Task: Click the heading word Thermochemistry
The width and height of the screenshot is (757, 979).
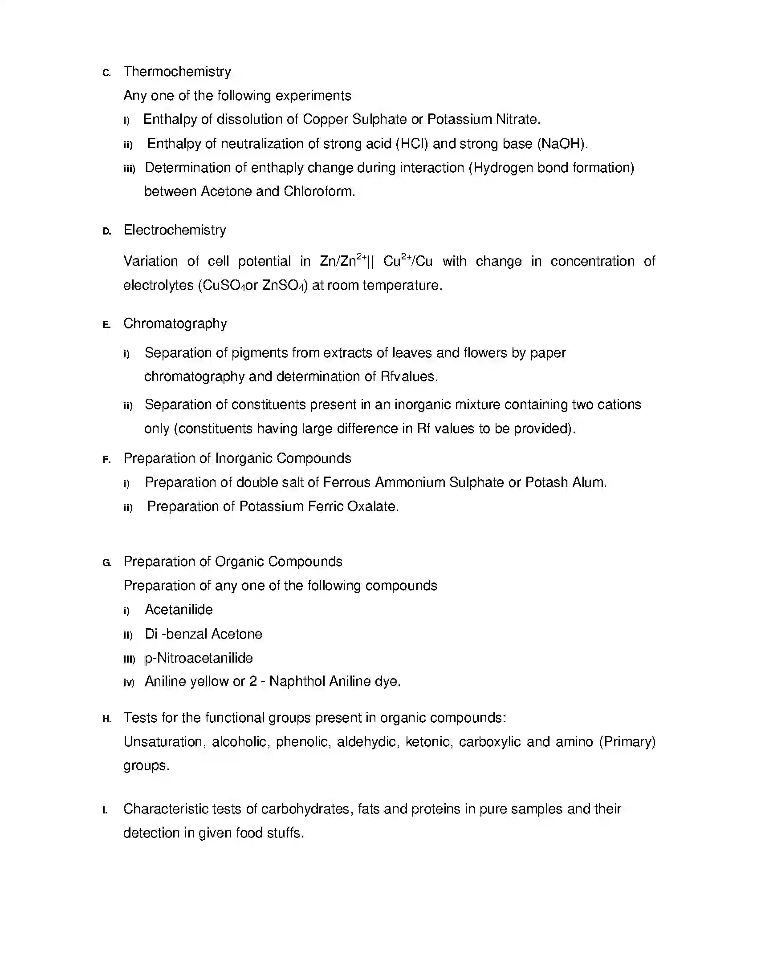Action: tap(177, 72)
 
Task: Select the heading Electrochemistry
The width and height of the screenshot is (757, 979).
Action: tap(175, 230)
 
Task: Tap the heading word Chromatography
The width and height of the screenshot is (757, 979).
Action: tap(175, 324)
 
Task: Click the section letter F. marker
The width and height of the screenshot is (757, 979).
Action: tap(106, 460)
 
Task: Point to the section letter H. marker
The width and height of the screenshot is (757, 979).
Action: tap(106, 719)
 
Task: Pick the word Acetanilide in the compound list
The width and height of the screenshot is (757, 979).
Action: tap(179, 610)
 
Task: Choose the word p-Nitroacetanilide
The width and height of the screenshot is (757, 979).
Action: tap(199, 658)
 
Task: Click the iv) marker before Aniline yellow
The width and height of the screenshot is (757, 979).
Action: tap(129, 683)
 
